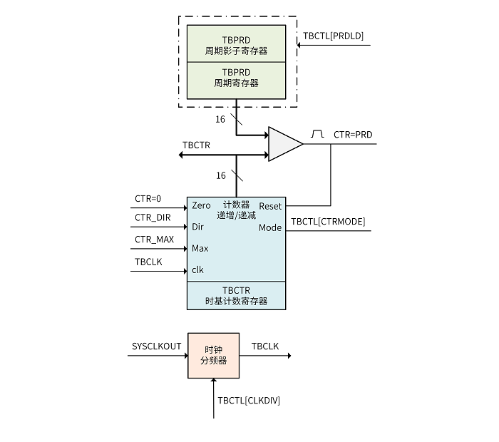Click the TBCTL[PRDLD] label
point(333,36)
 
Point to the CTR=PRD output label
point(353,134)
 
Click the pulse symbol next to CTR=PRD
point(318,133)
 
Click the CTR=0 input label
point(148,198)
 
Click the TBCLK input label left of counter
point(148,262)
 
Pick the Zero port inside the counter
point(201,206)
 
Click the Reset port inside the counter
point(270,206)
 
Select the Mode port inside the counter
point(270,228)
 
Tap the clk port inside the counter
point(197,269)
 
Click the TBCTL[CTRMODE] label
point(328,222)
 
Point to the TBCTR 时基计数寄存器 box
point(236,296)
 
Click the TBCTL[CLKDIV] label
point(249,401)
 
